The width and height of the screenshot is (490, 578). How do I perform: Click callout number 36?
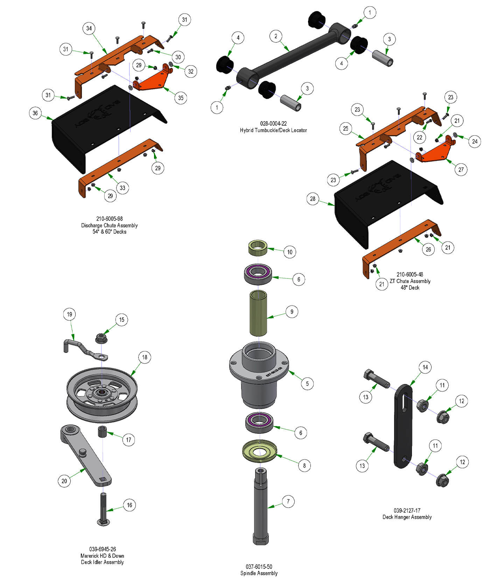35,113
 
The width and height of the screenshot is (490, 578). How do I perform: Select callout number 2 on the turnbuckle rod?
276,36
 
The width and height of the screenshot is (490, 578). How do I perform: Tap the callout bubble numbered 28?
313,199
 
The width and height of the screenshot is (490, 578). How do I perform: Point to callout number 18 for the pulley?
145,357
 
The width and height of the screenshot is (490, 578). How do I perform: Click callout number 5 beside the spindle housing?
307,384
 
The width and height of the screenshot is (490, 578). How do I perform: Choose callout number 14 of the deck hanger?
425,367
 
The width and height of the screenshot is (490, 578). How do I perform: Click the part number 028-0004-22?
273,124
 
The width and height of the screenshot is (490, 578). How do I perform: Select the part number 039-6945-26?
102,549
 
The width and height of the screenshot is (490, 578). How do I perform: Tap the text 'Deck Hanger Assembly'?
407,517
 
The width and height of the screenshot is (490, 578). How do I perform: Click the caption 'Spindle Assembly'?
259,573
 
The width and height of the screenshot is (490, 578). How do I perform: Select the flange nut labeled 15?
101,338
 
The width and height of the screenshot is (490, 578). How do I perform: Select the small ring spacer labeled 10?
258,248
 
